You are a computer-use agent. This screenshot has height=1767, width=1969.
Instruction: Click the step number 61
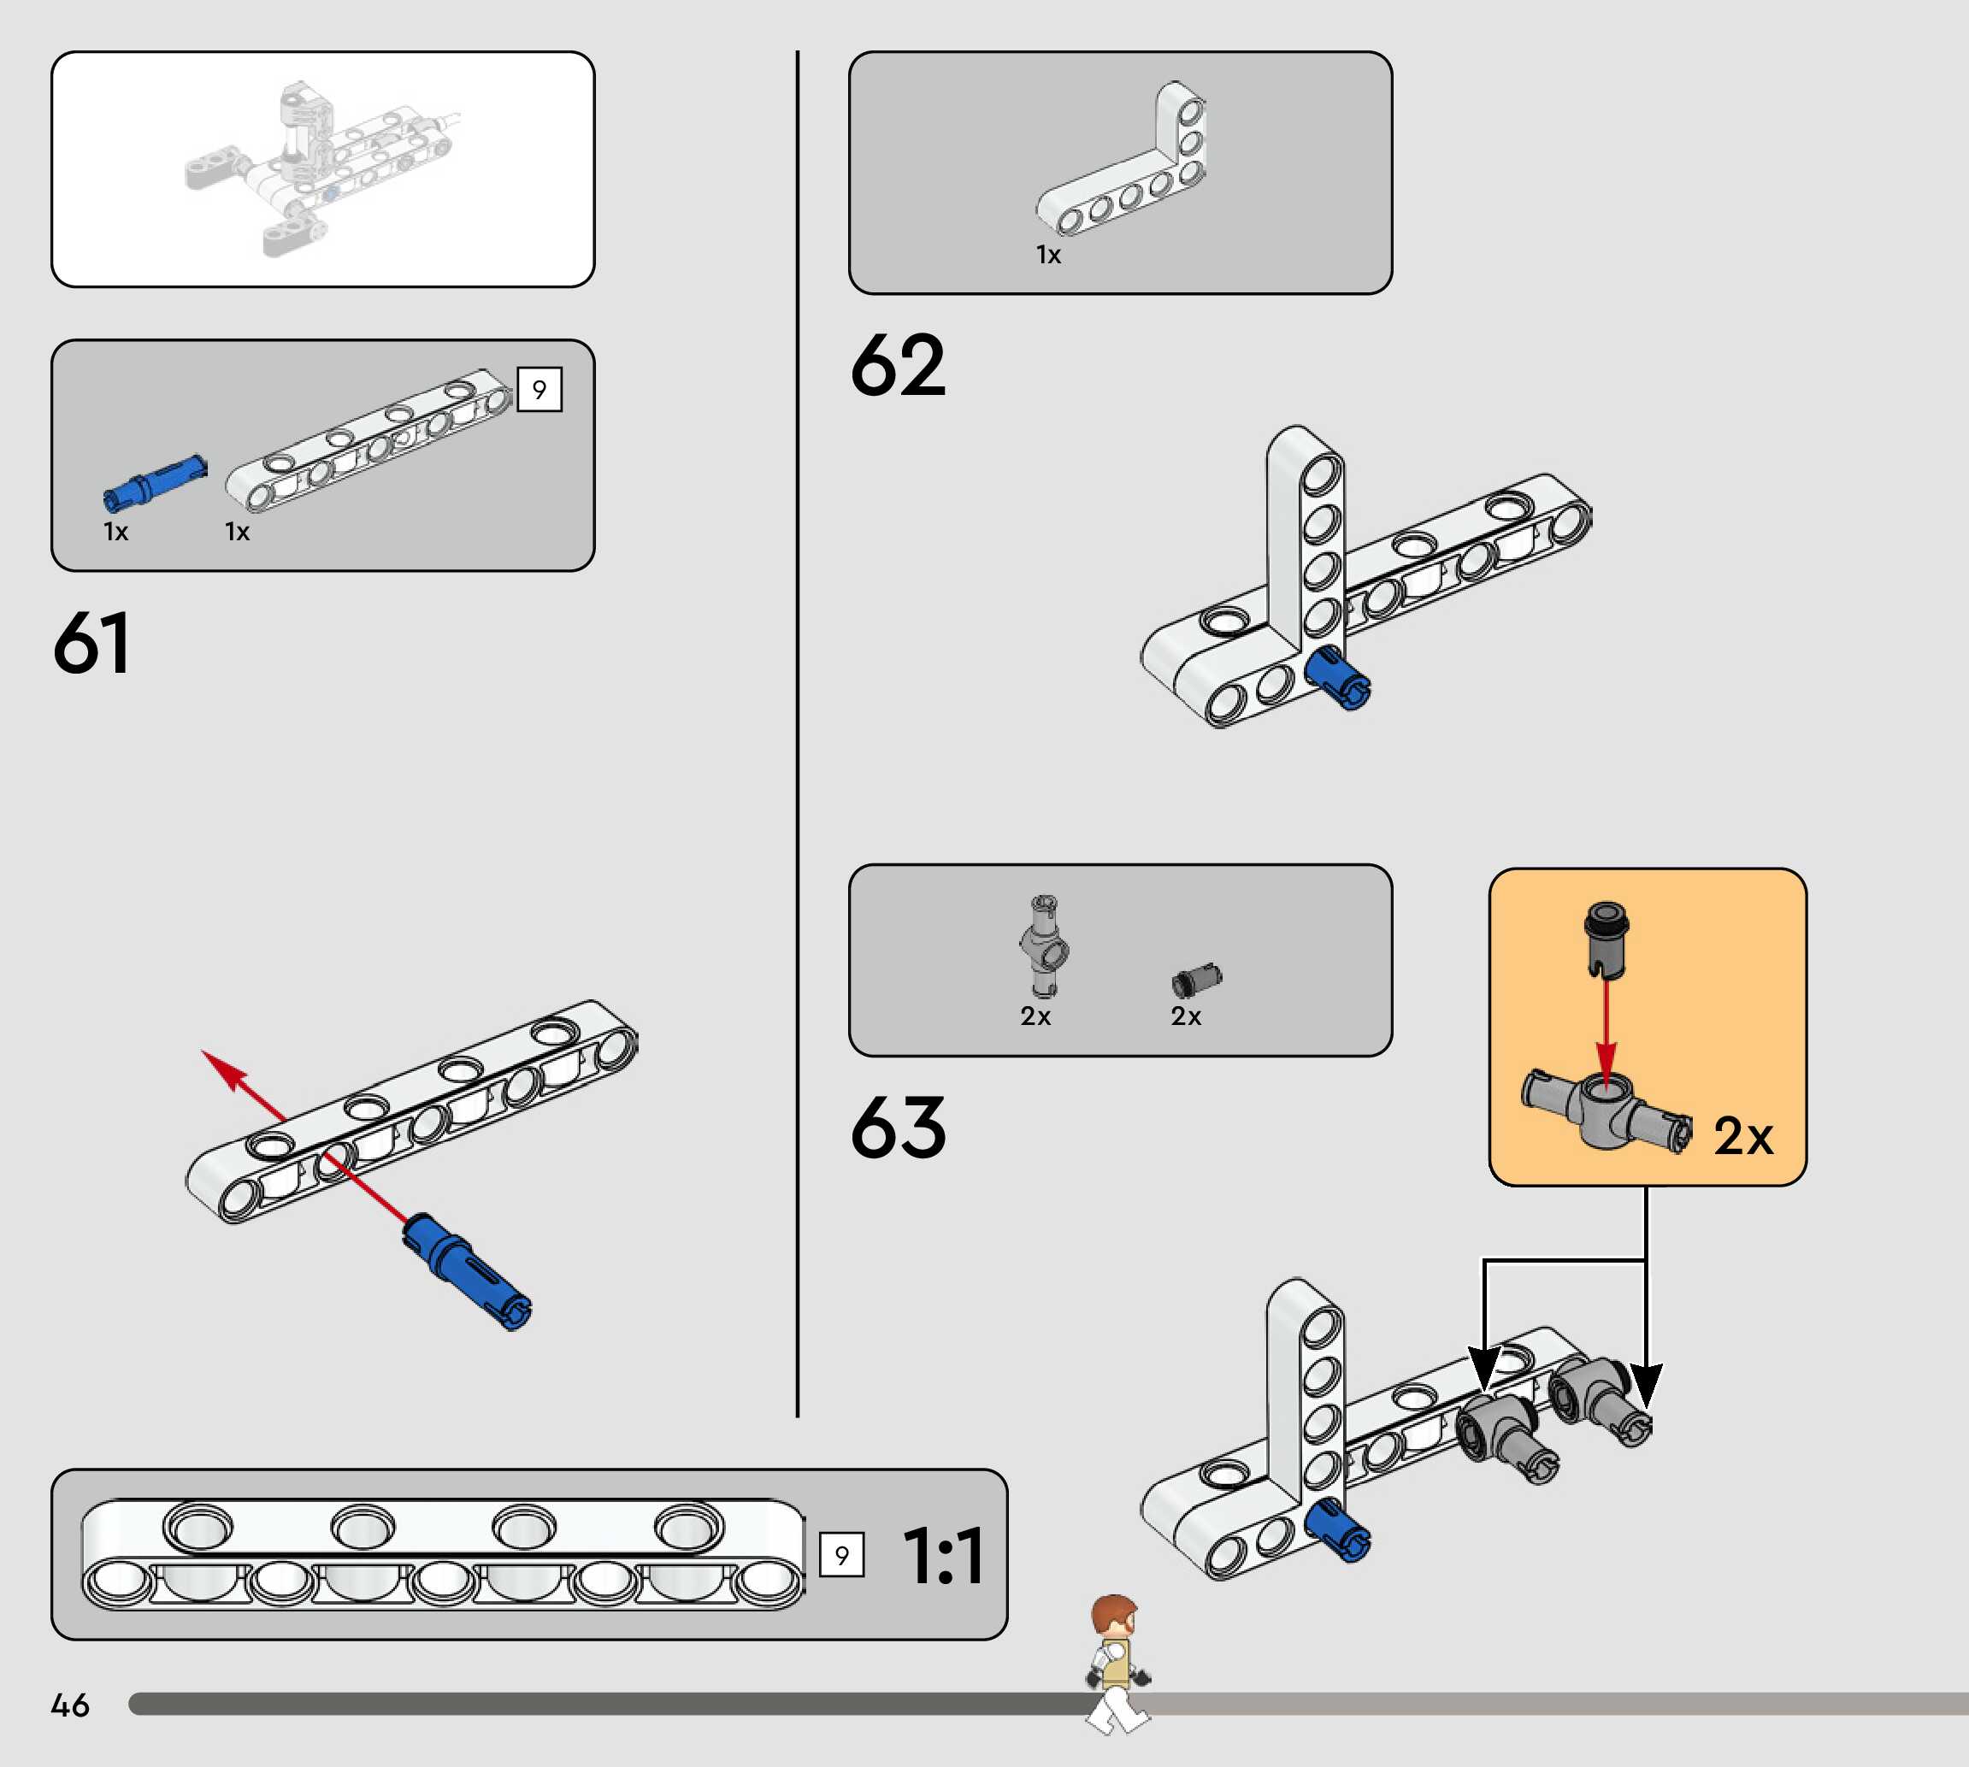tap(91, 643)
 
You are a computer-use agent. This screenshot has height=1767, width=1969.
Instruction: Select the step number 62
tap(897, 365)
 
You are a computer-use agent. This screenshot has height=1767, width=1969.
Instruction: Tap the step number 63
tap(897, 1128)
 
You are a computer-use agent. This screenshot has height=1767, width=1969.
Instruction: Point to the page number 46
tap(70, 1705)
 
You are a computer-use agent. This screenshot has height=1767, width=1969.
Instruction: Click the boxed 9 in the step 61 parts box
tap(539, 389)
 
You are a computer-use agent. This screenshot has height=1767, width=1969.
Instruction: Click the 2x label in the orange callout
tap(1742, 1135)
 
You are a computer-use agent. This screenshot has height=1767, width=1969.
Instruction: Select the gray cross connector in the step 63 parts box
tap(1044, 945)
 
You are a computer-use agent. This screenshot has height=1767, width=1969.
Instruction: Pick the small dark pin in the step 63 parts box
tap(1196, 981)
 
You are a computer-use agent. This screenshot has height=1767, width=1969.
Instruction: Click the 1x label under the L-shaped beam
tap(1047, 255)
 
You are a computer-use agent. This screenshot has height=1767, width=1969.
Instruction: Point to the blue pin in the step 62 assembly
tap(1338, 677)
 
